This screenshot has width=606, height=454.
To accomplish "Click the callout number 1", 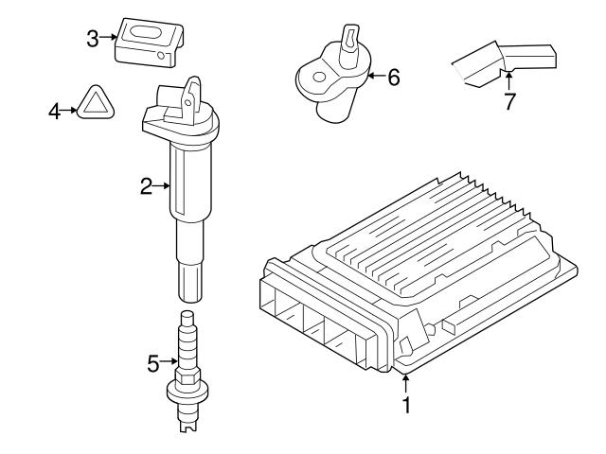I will pos(407,406).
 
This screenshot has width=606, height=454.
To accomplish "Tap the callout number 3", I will pos(92,38).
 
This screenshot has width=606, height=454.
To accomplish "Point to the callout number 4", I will pos(54,112).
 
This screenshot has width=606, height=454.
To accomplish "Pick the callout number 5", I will pos(153,360).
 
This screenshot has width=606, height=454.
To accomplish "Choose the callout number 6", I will pos(393,77).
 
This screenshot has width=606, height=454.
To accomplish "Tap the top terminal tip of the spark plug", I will pos(187,315).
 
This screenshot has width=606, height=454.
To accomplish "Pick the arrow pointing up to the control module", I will pos(407,382).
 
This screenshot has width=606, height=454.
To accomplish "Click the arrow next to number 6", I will pos(373,76).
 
